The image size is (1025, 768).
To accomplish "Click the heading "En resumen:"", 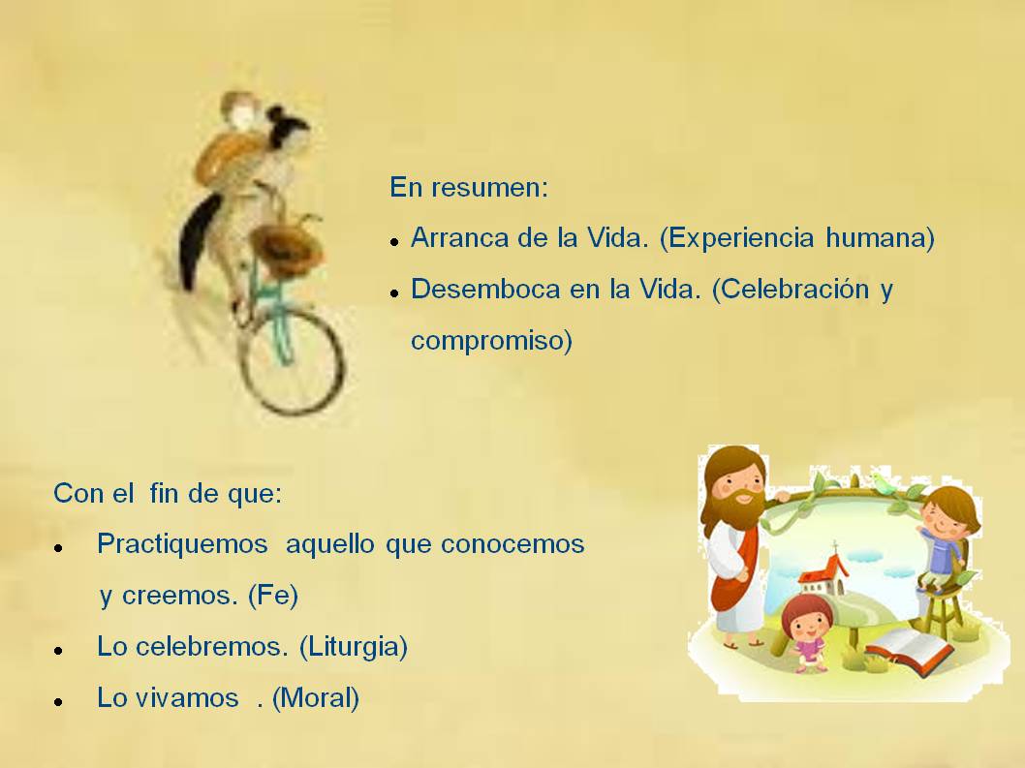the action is pyautogui.click(x=469, y=188).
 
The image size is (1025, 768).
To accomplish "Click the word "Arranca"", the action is pyautogui.click(x=460, y=237).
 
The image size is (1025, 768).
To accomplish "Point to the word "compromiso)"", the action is pyautogui.click(x=491, y=341).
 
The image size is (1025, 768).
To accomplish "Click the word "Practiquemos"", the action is pyautogui.click(x=182, y=544).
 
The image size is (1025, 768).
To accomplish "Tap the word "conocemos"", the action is pyautogui.click(x=512, y=544).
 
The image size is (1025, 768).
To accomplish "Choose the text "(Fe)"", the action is pyautogui.click(x=273, y=596).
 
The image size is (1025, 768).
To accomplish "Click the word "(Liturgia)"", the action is pyautogui.click(x=354, y=646).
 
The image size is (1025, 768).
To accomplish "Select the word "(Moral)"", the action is pyautogui.click(x=316, y=698).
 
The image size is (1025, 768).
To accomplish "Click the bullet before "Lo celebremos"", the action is pyautogui.click(x=59, y=651).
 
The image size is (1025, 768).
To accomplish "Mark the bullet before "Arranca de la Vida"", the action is pyautogui.click(x=394, y=242).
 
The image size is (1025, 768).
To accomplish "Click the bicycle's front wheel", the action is pyautogui.click(x=293, y=362).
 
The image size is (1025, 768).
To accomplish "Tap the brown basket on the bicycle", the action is pyautogui.click(x=287, y=248).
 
